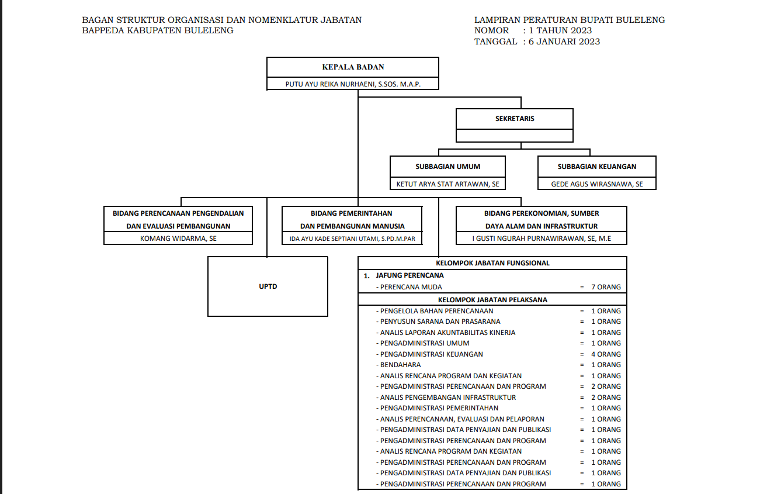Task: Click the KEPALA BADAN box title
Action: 353,67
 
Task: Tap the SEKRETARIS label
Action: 515,119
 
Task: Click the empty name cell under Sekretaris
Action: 515,136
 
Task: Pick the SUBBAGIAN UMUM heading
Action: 448,167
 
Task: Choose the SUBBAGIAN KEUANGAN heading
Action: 597,167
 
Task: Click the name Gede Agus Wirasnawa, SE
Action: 597,184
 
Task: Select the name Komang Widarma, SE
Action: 178,239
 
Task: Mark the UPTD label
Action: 268,286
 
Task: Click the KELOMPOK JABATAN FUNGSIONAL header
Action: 492,263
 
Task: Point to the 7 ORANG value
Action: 606,287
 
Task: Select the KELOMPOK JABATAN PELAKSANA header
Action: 492,300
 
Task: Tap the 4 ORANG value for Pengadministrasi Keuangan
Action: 606,354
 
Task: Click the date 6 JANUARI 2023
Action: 564,42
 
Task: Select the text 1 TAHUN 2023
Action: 560,30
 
